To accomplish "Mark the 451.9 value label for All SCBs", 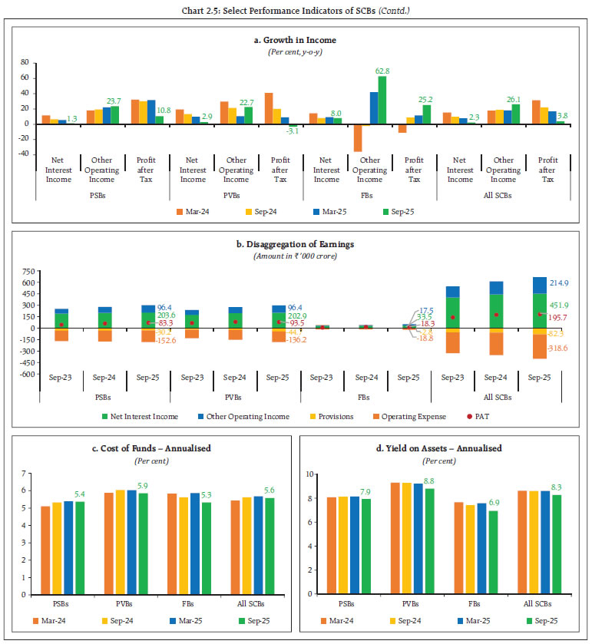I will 557,305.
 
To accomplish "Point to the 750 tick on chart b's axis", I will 28,272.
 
